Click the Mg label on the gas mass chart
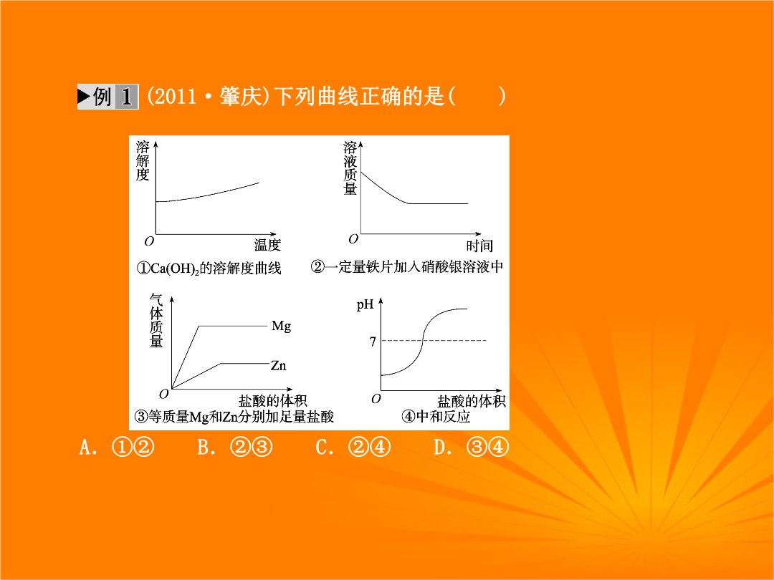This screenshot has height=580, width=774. tap(282, 326)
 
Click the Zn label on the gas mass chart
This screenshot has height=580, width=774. tap(278, 365)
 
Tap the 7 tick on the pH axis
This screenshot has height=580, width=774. tap(373, 342)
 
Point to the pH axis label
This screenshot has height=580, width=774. tap(365, 305)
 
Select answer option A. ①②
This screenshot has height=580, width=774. tap(117, 448)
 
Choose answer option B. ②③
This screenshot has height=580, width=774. tap(235, 448)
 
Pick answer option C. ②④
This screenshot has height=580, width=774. tap(353, 448)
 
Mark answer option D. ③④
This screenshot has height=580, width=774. tap(471, 448)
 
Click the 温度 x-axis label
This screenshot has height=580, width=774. tap(267, 245)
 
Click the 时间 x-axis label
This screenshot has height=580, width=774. tap(479, 246)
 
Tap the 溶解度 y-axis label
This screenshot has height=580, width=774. tap(143, 161)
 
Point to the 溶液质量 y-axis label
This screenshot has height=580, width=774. tap(350, 168)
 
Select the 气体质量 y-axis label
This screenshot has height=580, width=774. tap(156, 321)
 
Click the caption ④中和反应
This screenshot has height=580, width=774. tap(436, 417)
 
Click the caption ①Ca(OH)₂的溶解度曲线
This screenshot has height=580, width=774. tap(209, 269)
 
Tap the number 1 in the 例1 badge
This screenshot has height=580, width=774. tap(127, 97)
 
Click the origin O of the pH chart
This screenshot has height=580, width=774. tap(376, 399)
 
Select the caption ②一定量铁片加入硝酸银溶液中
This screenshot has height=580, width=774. tap(407, 267)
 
